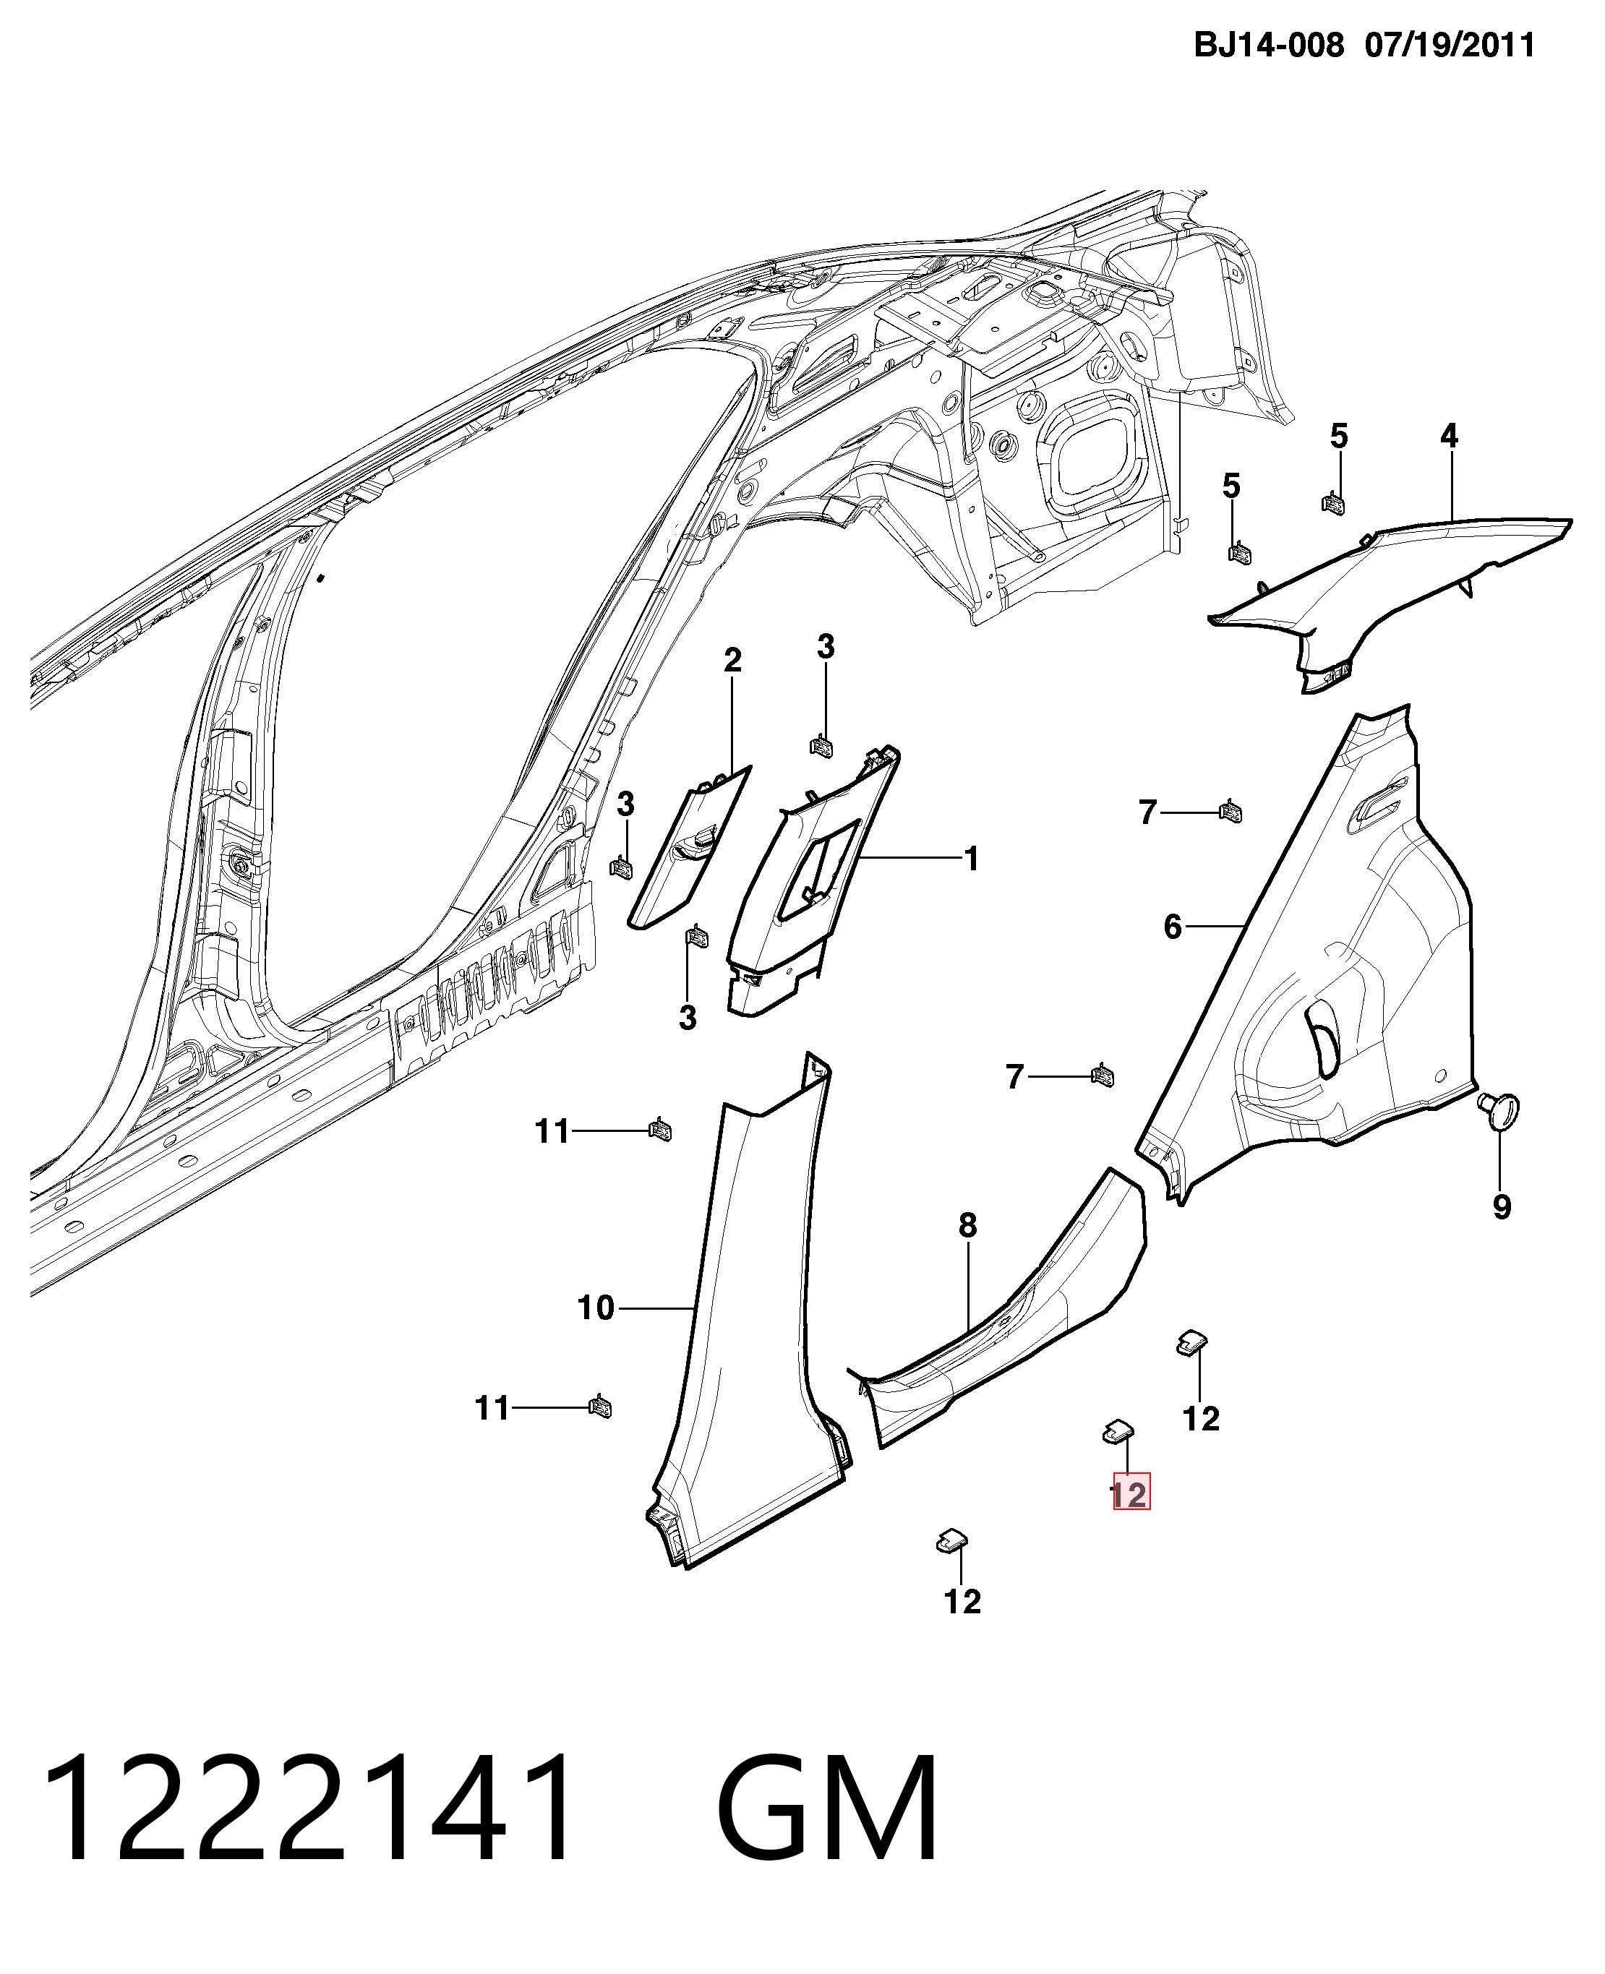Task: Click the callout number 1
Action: [971, 859]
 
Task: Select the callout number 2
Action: [732, 660]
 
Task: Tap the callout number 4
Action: [1449, 435]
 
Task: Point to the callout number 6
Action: [1173, 926]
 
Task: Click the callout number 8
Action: [967, 1225]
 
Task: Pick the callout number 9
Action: [1502, 1206]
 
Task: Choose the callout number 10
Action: [596, 1308]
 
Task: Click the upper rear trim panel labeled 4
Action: [1387, 582]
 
